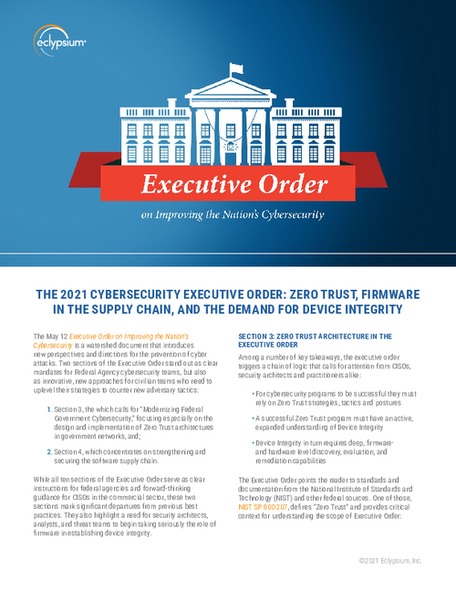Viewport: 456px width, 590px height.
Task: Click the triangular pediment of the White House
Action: pos(228,91)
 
